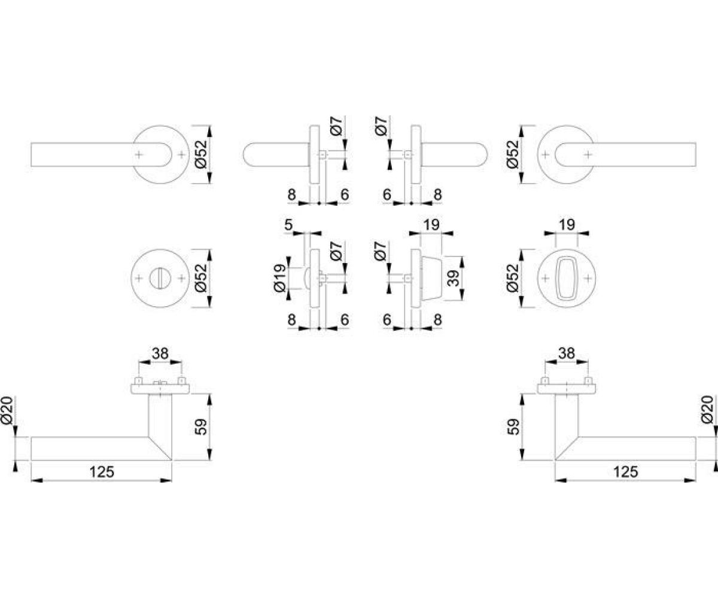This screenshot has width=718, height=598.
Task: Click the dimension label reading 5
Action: (288, 225)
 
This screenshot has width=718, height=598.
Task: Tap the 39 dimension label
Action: (454, 278)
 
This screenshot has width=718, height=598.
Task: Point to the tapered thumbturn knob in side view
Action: (431, 278)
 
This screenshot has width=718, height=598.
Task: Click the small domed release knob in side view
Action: (307, 277)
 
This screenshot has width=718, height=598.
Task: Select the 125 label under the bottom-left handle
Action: (102, 472)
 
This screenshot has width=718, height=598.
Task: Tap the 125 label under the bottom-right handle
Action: (625, 472)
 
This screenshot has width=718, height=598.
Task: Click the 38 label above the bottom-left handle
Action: (160, 353)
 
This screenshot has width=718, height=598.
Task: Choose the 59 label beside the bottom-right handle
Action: (514, 426)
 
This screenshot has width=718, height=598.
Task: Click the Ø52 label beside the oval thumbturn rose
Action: (512, 278)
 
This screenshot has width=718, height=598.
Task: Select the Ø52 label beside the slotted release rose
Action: (201, 278)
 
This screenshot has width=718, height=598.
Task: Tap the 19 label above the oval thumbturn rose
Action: (567, 225)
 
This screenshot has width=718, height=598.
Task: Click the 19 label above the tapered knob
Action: (431, 225)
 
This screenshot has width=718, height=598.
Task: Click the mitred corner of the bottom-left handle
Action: (171, 459)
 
